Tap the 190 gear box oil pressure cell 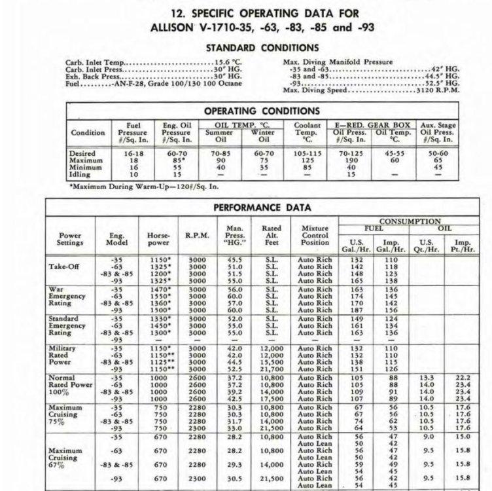(351, 160)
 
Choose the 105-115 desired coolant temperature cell (307, 153)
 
